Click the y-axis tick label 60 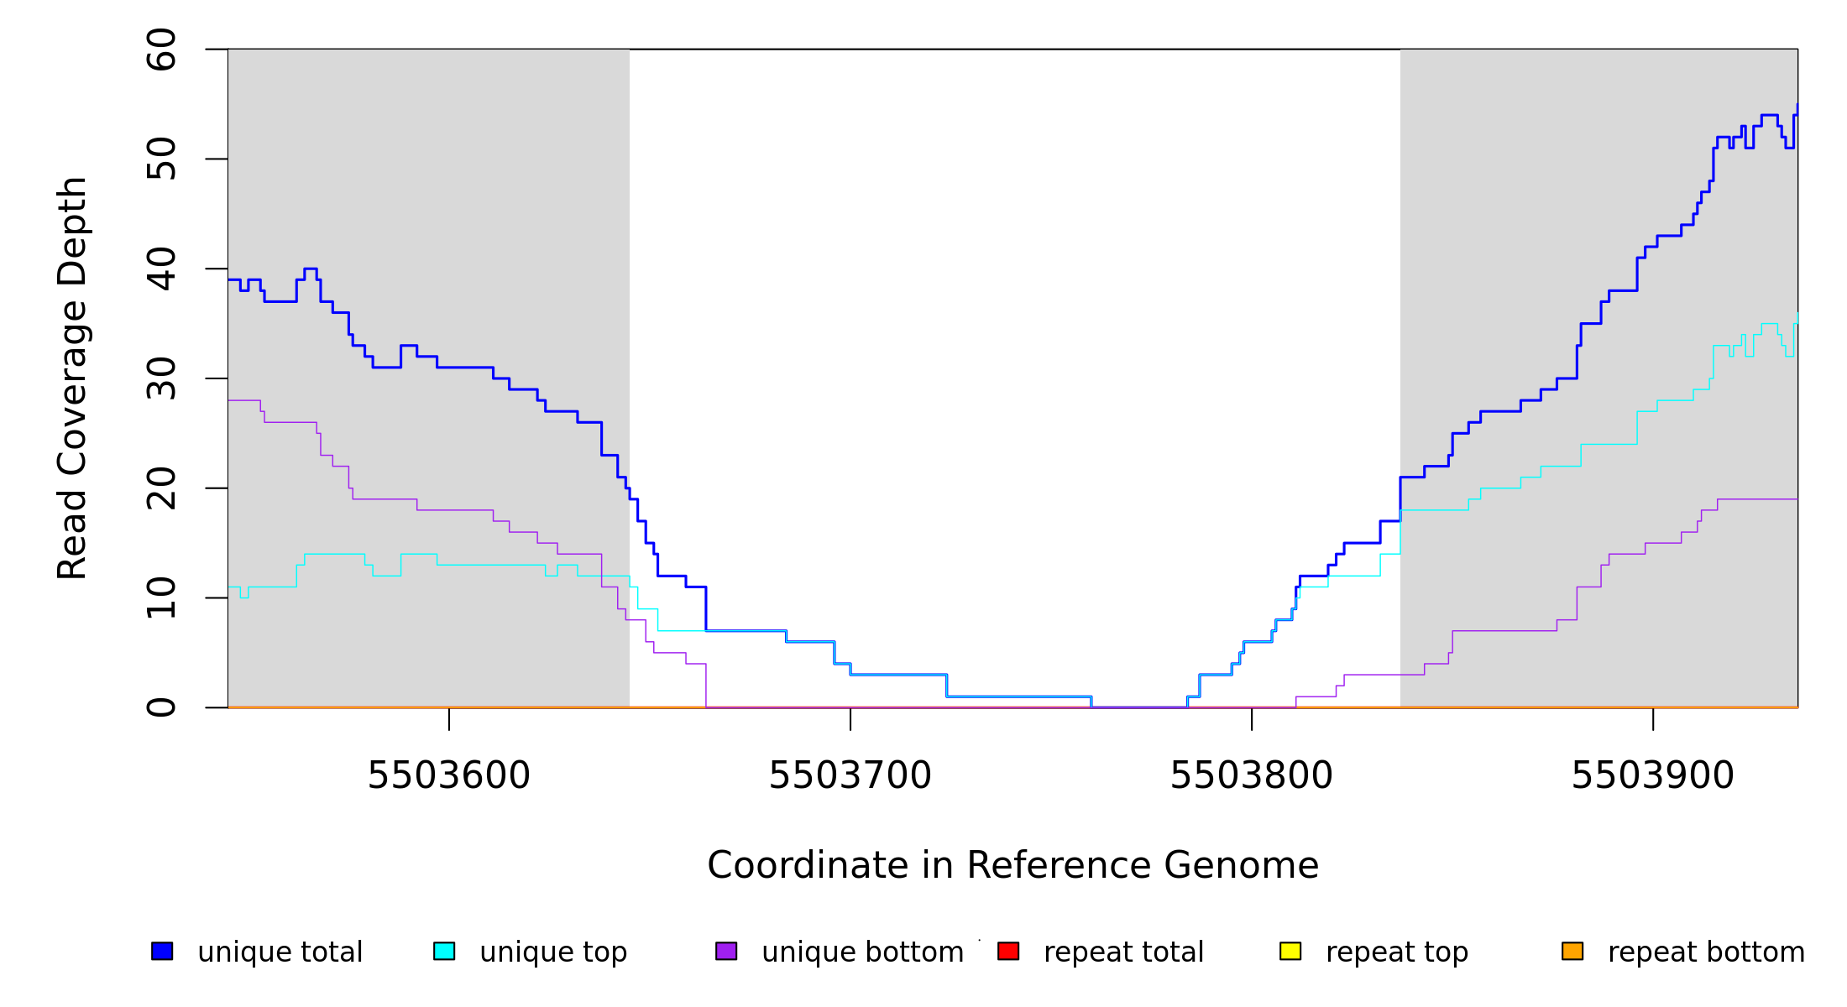click(161, 50)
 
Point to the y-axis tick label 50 click(161, 159)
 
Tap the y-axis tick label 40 click(161, 269)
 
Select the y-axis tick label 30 click(161, 378)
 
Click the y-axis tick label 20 click(161, 488)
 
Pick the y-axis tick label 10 click(161, 597)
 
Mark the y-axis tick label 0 click(161, 707)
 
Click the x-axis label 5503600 click(449, 776)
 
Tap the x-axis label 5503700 click(850, 776)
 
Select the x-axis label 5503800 click(1252, 776)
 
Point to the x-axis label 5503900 click(1653, 776)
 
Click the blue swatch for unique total click(162, 951)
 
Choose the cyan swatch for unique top click(444, 951)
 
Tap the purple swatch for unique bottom click(726, 951)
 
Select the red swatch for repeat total click(1008, 951)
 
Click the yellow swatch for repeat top click(1290, 951)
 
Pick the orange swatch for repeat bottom click(1572, 951)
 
